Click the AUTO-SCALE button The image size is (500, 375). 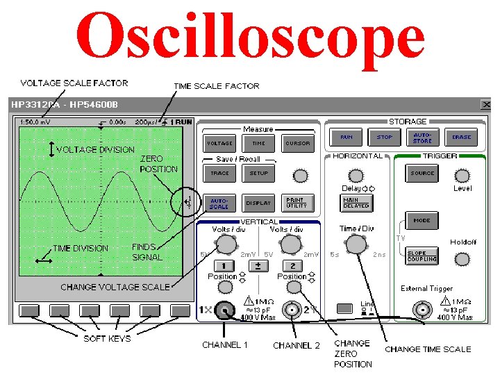pyautogui.click(x=219, y=203)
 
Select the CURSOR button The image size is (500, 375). pyautogui.click(x=297, y=144)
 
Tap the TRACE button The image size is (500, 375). pyautogui.click(x=219, y=173)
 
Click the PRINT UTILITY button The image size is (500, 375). pyautogui.click(x=297, y=203)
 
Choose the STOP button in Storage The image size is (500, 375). pyautogui.click(x=385, y=137)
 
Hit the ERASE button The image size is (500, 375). pyautogui.click(x=461, y=137)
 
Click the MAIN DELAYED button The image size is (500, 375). pyautogui.click(x=356, y=203)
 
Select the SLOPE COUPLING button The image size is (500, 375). pyautogui.click(x=422, y=256)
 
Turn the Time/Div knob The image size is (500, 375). pyautogui.click(x=356, y=244)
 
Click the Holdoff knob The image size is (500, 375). pyautogui.click(x=462, y=260)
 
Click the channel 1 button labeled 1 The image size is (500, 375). pyautogui.click(x=224, y=266)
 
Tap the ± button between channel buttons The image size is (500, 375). pyautogui.click(x=258, y=266)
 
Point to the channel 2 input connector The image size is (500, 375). pyautogui.click(x=294, y=310)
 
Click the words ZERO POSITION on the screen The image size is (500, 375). pyautogui.click(x=159, y=164)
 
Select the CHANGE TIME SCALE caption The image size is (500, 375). pyautogui.click(x=428, y=349)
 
